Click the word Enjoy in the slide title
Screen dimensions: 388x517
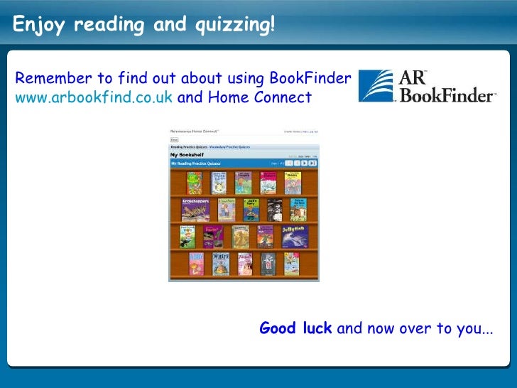point(39,26)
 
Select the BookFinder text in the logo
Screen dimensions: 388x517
point(447,95)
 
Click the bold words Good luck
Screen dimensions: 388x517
point(295,329)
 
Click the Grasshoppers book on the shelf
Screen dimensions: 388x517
point(197,210)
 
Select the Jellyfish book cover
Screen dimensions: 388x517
point(294,236)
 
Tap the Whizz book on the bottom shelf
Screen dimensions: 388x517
point(221,264)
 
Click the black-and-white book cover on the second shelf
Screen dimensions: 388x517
point(275,210)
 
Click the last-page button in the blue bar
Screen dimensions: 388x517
point(312,163)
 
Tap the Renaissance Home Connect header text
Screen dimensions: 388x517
point(195,131)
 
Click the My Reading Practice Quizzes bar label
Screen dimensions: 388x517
point(196,163)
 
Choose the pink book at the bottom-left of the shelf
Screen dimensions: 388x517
point(196,264)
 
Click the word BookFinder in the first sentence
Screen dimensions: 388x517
point(312,78)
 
